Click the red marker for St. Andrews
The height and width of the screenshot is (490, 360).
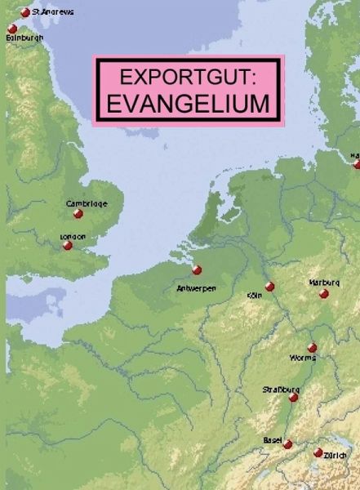pyautogui.click(x=25, y=12)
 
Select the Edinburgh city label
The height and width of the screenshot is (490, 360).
pyautogui.click(x=24, y=38)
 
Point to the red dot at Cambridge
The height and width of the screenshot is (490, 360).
pyautogui.click(x=78, y=214)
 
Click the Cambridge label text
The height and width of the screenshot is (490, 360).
pyautogui.click(x=87, y=203)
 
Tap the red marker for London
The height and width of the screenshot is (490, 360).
pyautogui.click(x=68, y=245)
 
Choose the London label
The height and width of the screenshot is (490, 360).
pyautogui.click(x=73, y=236)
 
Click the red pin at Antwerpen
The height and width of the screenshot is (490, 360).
pyautogui.click(x=197, y=270)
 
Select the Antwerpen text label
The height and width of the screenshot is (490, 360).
pyautogui.click(x=196, y=288)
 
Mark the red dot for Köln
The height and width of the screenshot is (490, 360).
pyautogui.click(x=270, y=287)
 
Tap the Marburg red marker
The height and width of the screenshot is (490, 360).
pyautogui.click(x=324, y=294)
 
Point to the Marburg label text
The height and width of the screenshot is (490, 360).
pyautogui.click(x=324, y=283)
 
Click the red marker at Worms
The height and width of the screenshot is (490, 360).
pyautogui.click(x=312, y=348)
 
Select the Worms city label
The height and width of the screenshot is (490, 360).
pyautogui.click(x=302, y=359)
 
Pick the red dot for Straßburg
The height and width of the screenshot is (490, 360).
pyautogui.click(x=294, y=398)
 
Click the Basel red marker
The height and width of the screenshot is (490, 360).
pyautogui.click(x=288, y=444)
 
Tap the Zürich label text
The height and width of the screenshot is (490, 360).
pyautogui.click(x=336, y=455)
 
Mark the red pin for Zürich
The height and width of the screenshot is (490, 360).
pyautogui.click(x=318, y=452)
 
